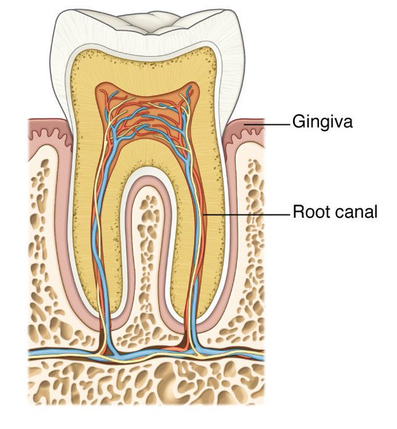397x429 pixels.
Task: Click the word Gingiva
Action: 321,122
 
